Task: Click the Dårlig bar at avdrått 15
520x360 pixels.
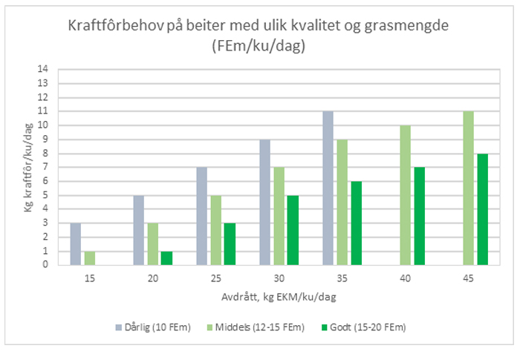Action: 75,243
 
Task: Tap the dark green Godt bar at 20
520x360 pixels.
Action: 166,258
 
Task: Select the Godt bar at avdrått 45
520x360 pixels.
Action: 482,209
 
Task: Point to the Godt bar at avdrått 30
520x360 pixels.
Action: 293,229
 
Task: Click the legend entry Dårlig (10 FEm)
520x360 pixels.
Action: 149,327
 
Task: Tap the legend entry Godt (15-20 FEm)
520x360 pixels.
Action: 366,327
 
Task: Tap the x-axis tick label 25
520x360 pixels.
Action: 215,277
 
